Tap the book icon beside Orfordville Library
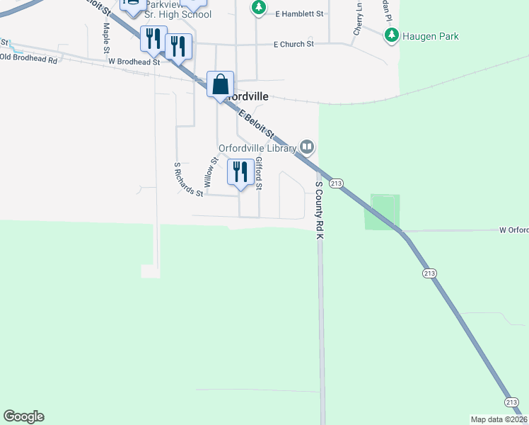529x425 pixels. (306, 147)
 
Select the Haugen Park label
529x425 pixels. (430, 36)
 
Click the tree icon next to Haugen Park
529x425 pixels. (390, 35)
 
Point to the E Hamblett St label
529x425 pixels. (299, 13)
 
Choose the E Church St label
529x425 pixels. (293, 44)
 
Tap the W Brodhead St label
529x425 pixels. (135, 62)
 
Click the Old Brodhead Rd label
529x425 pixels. (29, 59)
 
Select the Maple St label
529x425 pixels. (106, 38)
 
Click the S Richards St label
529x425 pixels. (189, 178)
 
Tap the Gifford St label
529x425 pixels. (259, 174)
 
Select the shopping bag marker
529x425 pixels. (221, 85)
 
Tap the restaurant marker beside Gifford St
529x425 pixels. (240, 173)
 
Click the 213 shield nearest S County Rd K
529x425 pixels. (337, 183)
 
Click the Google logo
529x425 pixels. (23, 416)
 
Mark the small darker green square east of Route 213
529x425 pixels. (382, 212)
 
